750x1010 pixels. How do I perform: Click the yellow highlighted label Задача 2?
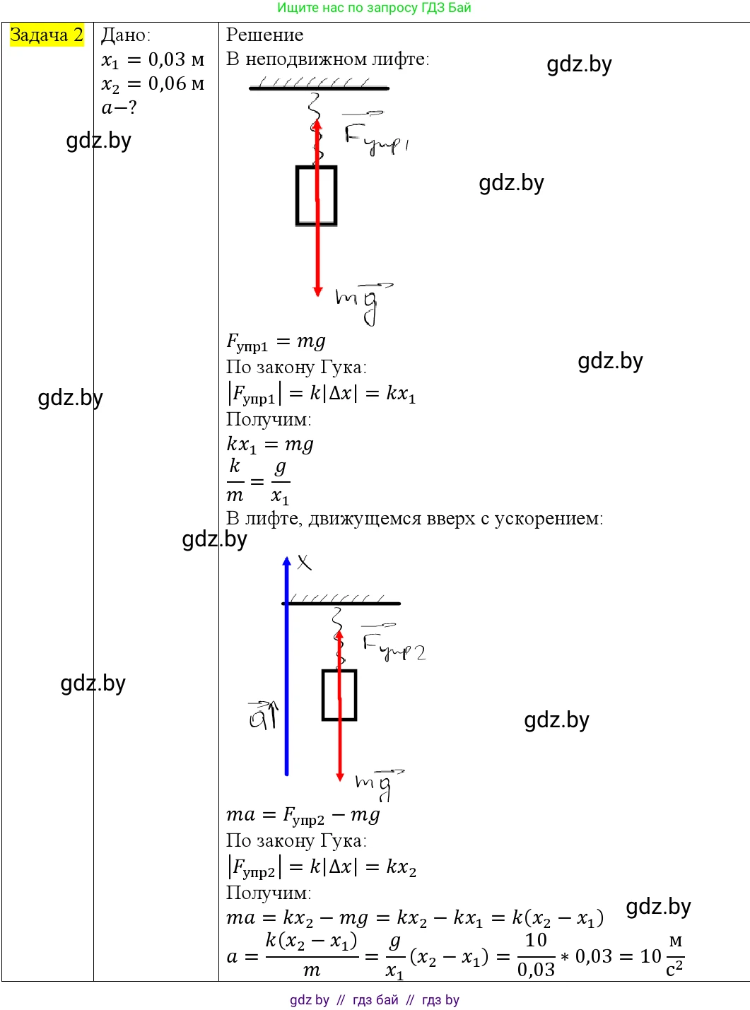pyautogui.click(x=47, y=35)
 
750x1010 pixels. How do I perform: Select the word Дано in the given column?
pyautogui.click(x=125, y=35)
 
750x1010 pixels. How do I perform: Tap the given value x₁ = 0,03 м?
pyautogui.click(x=153, y=60)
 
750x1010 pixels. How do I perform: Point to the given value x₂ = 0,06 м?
pyautogui.click(x=153, y=84)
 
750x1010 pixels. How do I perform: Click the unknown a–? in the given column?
pyautogui.click(x=119, y=107)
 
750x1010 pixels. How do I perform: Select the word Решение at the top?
pyautogui.click(x=264, y=35)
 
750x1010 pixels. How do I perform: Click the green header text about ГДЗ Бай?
pyautogui.click(x=374, y=8)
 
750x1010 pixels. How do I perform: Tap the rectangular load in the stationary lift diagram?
pyautogui.click(x=316, y=196)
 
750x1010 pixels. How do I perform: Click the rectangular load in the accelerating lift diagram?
pyautogui.click(x=339, y=695)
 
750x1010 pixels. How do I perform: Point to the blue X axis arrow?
pyautogui.click(x=286, y=664)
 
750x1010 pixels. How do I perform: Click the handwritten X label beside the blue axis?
pyautogui.click(x=304, y=563)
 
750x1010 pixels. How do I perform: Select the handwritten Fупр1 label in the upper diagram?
pyautogui.click(x=375, y=138)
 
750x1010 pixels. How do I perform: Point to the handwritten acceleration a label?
pyautogui.click(x=263, y=716)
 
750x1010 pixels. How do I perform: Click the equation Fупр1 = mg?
pyautogui.click(x=276, y=342)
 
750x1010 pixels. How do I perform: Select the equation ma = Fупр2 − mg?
pyautogui.click(x=303, y=816)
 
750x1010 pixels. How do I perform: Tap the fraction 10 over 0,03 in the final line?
pyautogui.click(x=536, y=955)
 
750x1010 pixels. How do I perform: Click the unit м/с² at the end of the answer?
pyautogui.click(x=675, y=955)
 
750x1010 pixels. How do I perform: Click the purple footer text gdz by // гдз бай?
pyautogui.click(x=374, y=1000)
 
